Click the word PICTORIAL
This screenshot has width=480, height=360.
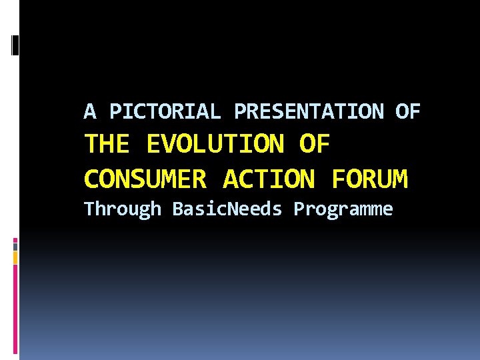(x=165, y=111)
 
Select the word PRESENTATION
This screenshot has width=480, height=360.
(x=309, y=111)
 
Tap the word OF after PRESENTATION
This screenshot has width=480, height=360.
(x=407, y=111)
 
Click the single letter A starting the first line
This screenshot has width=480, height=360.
(x=89, y=111)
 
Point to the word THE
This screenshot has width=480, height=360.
(x=109, y=144)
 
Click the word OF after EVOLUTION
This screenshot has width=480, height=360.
(x=315, y=144)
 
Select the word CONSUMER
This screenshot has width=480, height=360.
(x=145, y=179)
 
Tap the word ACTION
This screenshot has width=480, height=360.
(x=269, y=179)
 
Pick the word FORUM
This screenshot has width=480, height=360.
(x=369, y=179)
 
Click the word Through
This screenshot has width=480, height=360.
(x=123, y=209)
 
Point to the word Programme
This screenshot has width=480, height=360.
(x=343, y=209)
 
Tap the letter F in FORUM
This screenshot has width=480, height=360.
(x=337, y=179)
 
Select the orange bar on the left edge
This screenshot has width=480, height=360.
(x=15, y=257)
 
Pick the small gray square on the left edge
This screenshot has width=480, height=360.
(x=15, y=246)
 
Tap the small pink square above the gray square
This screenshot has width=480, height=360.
(x=15, y=239)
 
